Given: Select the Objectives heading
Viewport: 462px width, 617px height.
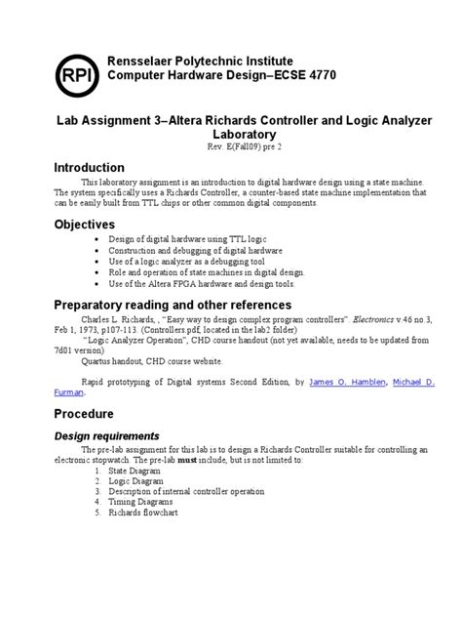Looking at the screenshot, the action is click(x=88, y=225).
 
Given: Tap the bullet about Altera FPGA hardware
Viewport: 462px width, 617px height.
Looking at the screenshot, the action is click(x=212, y=284).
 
